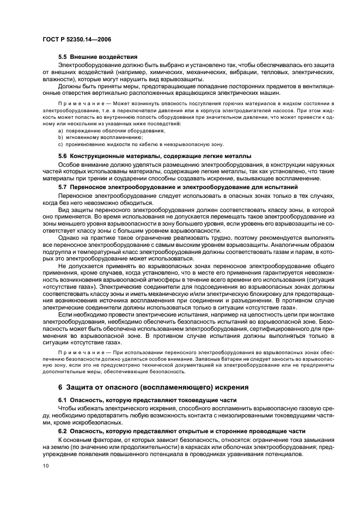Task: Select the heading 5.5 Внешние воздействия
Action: pos(97,57)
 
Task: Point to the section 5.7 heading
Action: pos(178,187)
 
